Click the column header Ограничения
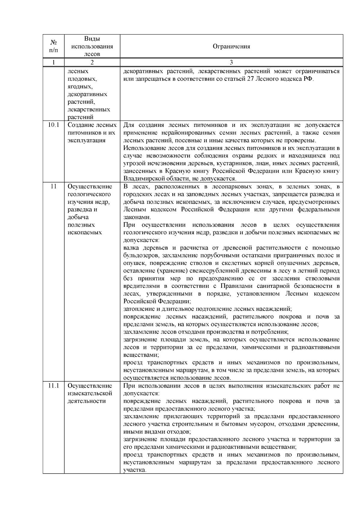(231, 46)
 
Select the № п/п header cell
(53, 46)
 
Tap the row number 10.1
(53, 125)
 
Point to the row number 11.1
(53, 386)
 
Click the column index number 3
(231, 62)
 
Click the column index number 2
(92, 62)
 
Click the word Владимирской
(143, 179)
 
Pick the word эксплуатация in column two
(87, 140)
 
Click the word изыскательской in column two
(90, 394)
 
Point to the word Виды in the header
(92, 39)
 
